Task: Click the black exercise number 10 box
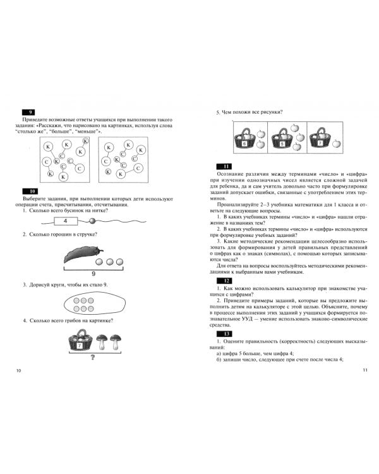point(29,191)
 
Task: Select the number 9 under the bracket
point(92,274)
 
